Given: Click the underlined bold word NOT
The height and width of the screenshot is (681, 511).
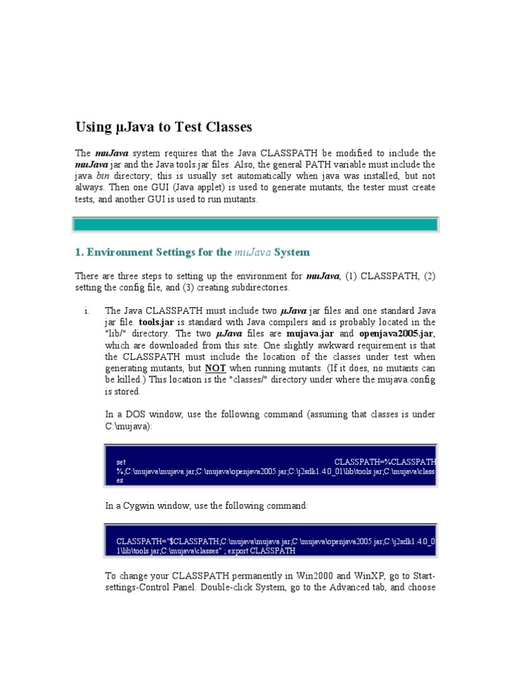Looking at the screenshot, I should [x=215, y=368].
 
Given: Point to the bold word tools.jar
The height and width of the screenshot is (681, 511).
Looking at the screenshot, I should [x=156, y=322].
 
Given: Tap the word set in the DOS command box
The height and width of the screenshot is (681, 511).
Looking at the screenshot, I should [x=121, y=461].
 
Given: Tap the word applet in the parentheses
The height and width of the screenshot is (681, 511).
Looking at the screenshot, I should [x=184, y=188].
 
